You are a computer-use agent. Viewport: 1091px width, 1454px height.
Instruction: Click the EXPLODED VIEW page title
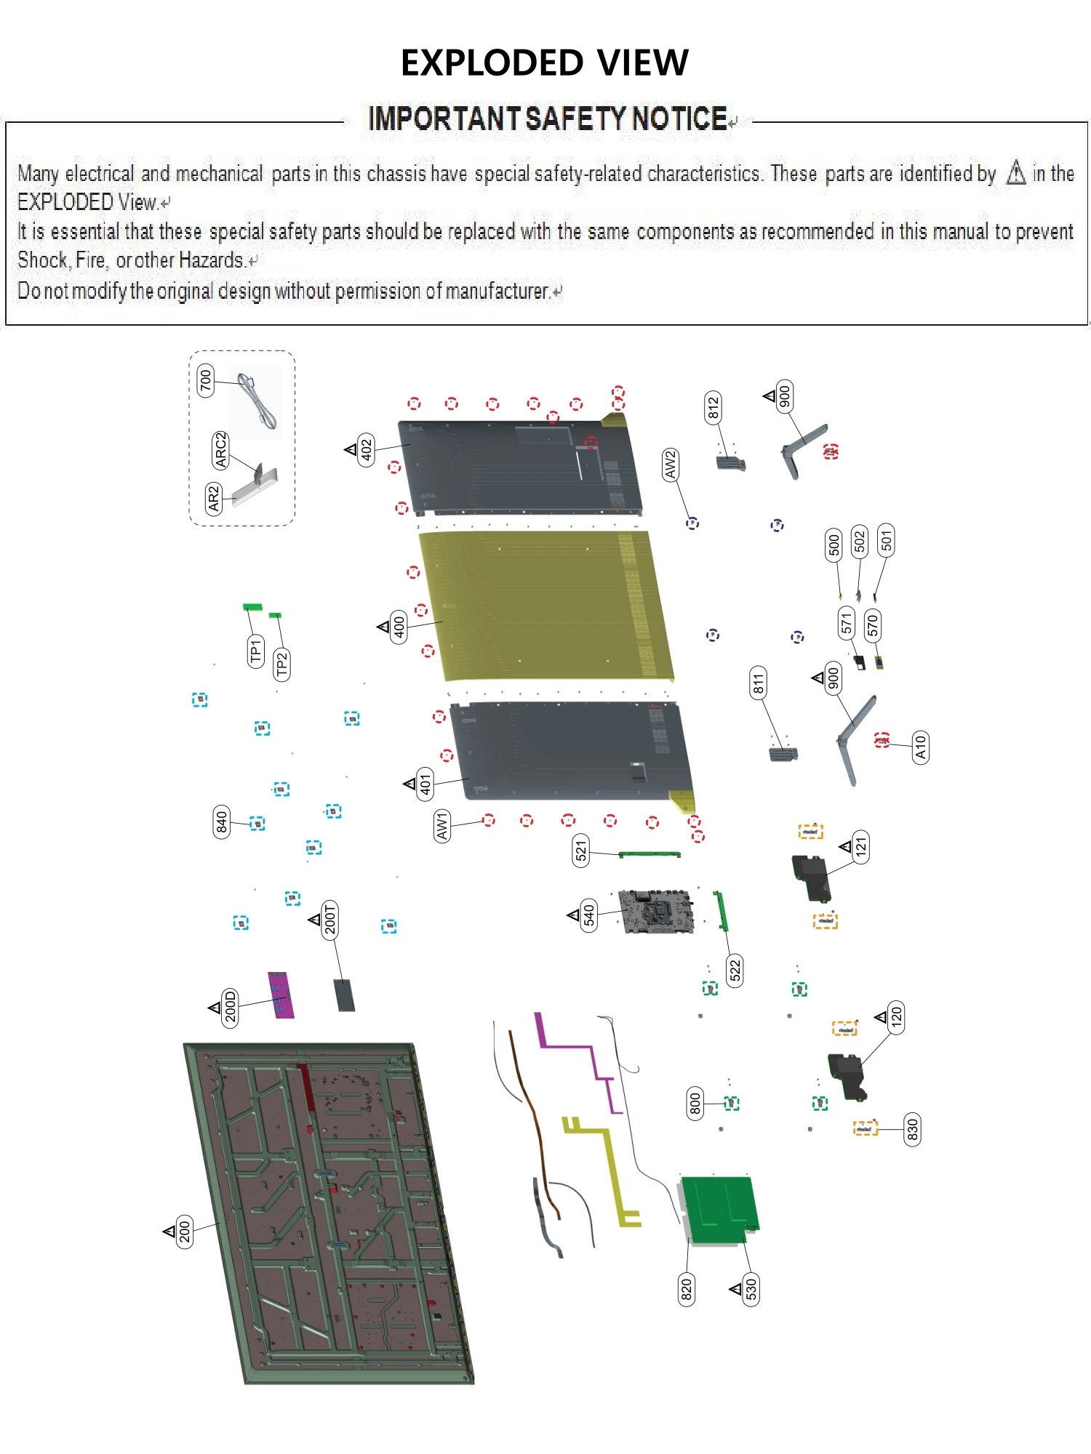click(544, 63)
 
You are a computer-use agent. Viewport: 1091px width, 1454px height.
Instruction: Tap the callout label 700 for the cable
click(206, 380)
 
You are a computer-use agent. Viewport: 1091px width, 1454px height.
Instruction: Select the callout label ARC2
click(220, 449)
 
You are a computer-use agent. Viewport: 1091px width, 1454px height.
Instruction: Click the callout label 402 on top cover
click(367, 450)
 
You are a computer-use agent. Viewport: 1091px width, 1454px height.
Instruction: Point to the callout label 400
click(399, 626)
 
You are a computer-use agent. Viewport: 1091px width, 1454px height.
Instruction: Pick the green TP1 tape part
click(252, 606)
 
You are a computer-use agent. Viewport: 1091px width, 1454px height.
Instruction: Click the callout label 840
click(221, 822)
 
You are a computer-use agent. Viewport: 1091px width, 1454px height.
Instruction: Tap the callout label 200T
click(330, 919)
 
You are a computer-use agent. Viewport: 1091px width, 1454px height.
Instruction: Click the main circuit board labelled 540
click(655, 912)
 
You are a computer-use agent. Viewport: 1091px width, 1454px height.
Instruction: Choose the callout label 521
click(580, 850)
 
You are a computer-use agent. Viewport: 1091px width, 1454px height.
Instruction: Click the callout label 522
click(735, 970)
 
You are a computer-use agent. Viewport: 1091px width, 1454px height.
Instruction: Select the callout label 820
click(686, 1289)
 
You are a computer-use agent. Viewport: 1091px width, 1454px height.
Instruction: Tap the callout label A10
click(920, 747)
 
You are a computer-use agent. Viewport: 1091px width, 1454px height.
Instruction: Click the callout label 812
click(713, 408)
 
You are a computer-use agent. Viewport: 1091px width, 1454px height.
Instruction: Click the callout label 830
click(911, 1129)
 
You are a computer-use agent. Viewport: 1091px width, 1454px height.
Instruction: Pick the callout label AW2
click(670, 465)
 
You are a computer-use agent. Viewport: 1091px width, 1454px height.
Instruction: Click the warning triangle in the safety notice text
click(1015, 173)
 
